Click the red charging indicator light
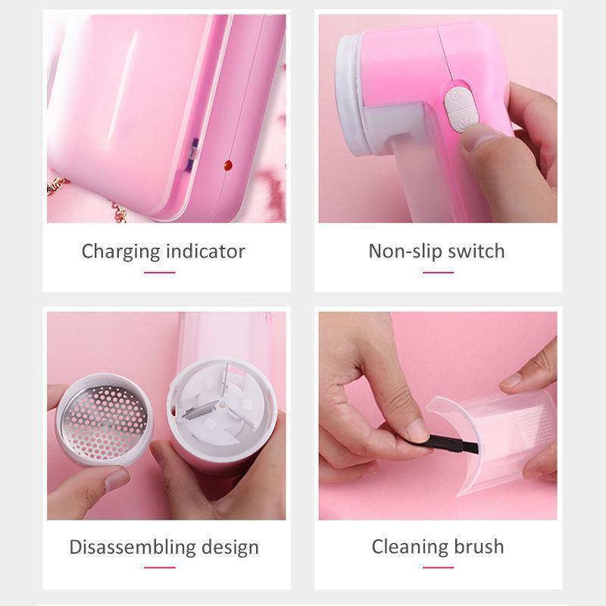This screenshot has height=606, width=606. [228, 165]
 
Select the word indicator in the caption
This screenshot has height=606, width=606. [205, 251]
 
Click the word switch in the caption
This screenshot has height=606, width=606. [476, 251]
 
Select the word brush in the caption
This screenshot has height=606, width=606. [479, 546]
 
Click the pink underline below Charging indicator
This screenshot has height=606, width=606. [160, 273]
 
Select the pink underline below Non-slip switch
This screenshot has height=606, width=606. [438, 273]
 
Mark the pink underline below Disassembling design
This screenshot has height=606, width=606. [160, 567]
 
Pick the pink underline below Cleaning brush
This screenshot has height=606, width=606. [438, 567]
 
